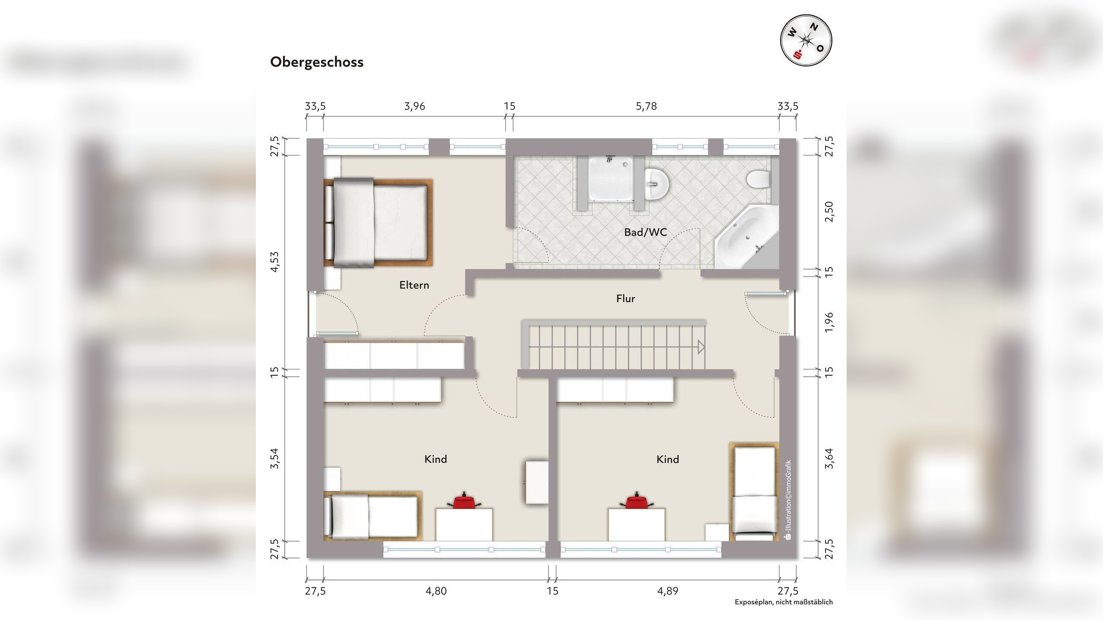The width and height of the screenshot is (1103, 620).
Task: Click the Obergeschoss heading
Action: click(317, 62)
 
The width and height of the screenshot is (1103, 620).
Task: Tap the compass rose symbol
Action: click(806, 40)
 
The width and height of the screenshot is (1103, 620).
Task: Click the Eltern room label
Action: click(414, 285)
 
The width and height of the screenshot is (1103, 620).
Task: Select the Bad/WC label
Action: click(645, 232)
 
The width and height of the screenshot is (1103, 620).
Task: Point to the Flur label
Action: click(625, 298)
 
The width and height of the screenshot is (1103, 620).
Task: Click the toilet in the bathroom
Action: click(758, 180)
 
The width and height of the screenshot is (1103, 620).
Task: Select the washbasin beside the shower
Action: click(657, 184)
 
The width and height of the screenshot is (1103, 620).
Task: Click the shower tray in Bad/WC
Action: click(611, 178)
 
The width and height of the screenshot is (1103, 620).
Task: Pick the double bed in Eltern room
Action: click(378, 222)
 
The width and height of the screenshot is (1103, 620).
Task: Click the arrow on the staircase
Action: click(701, 347)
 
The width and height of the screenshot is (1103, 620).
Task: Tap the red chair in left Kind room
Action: click(464, 501)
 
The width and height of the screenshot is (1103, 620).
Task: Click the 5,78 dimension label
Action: click(646, 106)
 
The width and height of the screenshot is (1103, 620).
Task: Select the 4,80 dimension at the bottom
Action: click(436, 591)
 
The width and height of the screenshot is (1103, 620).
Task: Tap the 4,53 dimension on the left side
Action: click(275, 262)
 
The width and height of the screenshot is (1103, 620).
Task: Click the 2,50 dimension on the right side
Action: click(829, 211)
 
